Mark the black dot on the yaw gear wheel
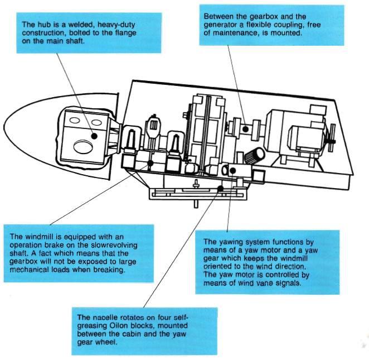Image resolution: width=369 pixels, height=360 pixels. pos(221,189)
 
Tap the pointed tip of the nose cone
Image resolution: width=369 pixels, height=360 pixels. pos(4,126)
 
